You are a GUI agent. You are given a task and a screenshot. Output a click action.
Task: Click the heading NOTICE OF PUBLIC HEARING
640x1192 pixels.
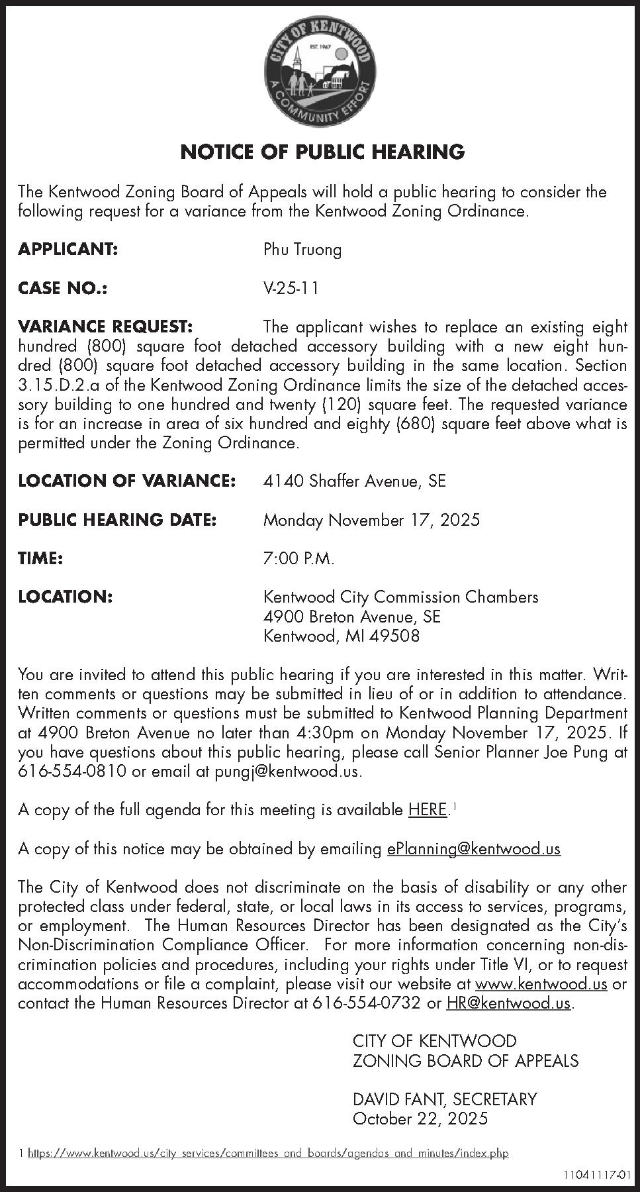click(322, 152)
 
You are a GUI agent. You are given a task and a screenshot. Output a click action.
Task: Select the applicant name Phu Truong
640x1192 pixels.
click(302, 250)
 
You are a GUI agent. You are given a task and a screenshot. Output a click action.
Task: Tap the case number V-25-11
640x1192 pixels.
click(291, 288)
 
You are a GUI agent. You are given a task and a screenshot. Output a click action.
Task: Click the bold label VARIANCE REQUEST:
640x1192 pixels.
click(105, 326)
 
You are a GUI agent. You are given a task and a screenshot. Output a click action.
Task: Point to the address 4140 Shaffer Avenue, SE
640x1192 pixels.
click(354, 481)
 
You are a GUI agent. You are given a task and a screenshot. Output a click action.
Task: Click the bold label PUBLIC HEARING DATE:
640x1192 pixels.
click(117, 520)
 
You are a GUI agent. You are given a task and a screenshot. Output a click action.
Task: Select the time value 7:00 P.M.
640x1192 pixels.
click(298, 558)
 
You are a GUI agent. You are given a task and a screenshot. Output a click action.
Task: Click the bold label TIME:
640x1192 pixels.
click(40, 558)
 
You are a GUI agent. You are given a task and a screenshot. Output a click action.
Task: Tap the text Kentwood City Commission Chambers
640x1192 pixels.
click(400, 597)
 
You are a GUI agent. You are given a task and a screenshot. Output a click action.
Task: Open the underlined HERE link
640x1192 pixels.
click(428, 810)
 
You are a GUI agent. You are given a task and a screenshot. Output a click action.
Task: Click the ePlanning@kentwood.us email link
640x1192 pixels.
click(473, 849)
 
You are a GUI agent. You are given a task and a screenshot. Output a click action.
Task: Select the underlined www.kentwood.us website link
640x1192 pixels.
click(541, 984)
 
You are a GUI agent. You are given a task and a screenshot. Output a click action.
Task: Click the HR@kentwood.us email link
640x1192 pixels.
click(508, 1003)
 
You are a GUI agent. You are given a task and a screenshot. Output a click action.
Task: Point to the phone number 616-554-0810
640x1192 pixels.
click(72, 772)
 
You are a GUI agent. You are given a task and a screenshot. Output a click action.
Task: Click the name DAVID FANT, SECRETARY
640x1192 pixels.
click(445, 1099)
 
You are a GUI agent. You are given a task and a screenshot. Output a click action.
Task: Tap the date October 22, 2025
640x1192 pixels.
click(420, 1119)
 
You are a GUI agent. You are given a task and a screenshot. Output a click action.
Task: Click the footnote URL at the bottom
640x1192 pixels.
click(267, 1154)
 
